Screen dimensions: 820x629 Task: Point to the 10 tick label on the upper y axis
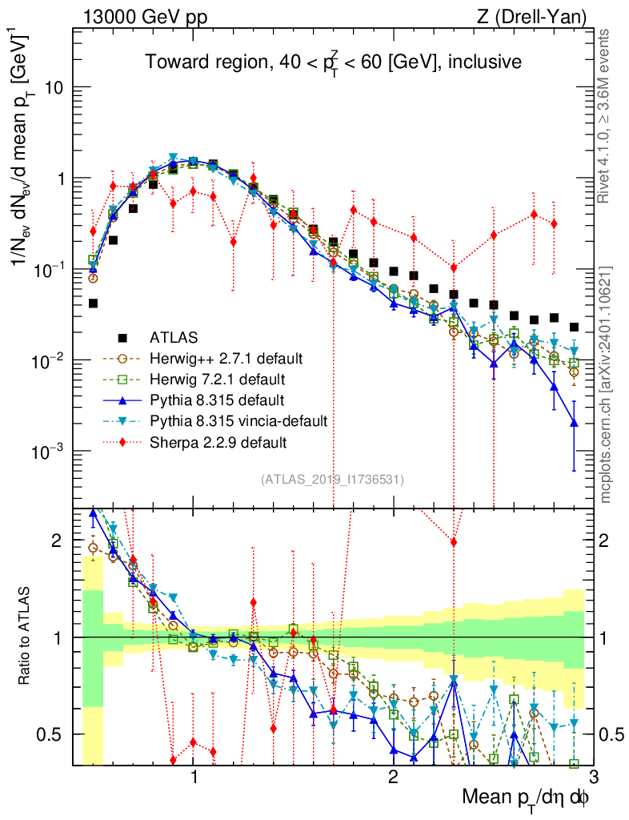[x=55, y=87]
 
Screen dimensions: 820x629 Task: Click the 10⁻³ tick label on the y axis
[x=50, y=452]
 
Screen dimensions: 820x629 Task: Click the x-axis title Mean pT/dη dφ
[x=527, y=798]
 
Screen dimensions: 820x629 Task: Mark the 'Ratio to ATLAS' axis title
[x=27, y=637]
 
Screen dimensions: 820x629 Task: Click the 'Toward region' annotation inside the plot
[x=333, y=62]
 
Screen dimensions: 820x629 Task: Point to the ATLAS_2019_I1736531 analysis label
[x=332, y=480]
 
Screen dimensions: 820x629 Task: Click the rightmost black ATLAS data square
[x=574, y=327]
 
